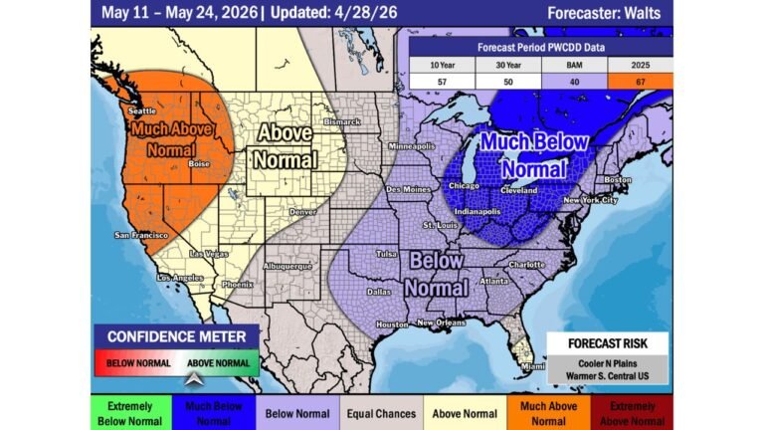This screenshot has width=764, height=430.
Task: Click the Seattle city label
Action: tap(142, 110)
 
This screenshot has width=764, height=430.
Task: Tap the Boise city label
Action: tap(199, 164)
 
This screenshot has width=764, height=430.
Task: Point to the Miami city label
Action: tap(534, 366)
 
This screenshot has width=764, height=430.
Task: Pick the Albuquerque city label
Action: tap(287, 267)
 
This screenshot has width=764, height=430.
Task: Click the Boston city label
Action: tap(619, 179)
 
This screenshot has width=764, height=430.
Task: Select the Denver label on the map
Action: tap(301, 212)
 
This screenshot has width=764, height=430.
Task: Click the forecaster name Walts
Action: tap(645, 13)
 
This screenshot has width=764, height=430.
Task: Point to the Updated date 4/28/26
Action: tap(371, 13)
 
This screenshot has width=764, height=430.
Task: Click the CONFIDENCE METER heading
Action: tap(176, 336)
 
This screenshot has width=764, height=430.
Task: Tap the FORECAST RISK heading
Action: tap(607, 343)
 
